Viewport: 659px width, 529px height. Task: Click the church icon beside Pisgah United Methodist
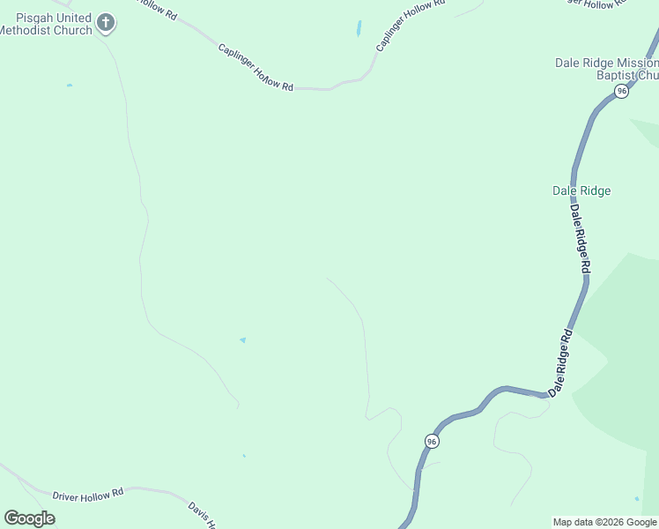106,23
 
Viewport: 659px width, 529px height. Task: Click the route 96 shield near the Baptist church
622,92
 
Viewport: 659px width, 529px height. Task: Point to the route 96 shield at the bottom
431,440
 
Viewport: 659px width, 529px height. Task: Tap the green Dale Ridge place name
581,190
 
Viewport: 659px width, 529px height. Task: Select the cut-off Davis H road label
203,514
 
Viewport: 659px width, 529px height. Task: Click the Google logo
29,518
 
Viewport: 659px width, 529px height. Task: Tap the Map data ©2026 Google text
604,522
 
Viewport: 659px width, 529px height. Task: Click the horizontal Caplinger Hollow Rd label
255,68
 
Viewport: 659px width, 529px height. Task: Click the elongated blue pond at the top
359,28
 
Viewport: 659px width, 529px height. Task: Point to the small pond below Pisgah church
69,86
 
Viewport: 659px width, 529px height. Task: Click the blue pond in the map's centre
242,339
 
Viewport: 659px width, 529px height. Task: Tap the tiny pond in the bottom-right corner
637,499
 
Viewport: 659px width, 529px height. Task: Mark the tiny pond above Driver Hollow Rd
244,456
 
